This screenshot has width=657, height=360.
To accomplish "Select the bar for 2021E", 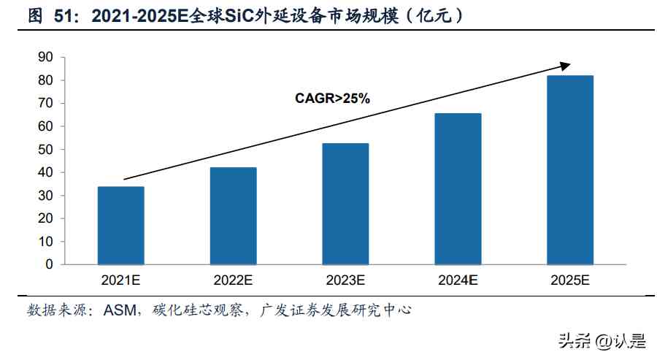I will [x=120, y=225].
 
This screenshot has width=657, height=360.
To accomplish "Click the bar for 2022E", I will [x=234, y=215].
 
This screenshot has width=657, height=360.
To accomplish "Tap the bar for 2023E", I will [x=346, y=204].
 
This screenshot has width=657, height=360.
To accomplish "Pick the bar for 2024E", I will [x=458, y=188].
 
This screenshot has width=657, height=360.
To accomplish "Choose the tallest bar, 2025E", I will [x=571, y=169].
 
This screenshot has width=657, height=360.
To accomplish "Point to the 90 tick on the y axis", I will [x=45, y=57].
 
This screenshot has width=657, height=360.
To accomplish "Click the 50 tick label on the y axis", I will [x=45, y=149].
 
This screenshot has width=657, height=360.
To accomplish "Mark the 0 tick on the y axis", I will [x=49, y=264].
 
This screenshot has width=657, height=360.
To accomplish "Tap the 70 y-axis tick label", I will [x=45, y=103].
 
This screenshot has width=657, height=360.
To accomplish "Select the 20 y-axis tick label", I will [x=45, y=218].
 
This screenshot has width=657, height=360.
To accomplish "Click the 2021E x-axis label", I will [x=121, y=280].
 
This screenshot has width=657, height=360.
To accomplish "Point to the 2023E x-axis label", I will [x=346, y=280].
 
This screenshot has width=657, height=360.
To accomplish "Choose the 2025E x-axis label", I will [x=571, y=280].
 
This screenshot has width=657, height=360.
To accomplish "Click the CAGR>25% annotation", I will [x=332, y=98].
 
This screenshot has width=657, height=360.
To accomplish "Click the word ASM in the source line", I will [x=120, y=310].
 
